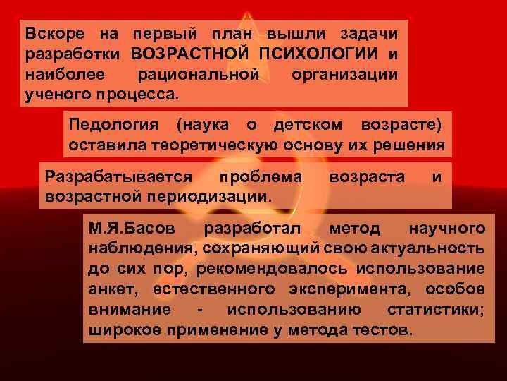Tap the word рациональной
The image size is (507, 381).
pos(199,74)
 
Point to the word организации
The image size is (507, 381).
pos(343,74)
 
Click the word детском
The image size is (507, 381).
pos(307,125)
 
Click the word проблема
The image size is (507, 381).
pos(261,176)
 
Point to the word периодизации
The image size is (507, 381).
pos(212,195)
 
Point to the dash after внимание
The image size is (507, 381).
pos(202,310)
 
